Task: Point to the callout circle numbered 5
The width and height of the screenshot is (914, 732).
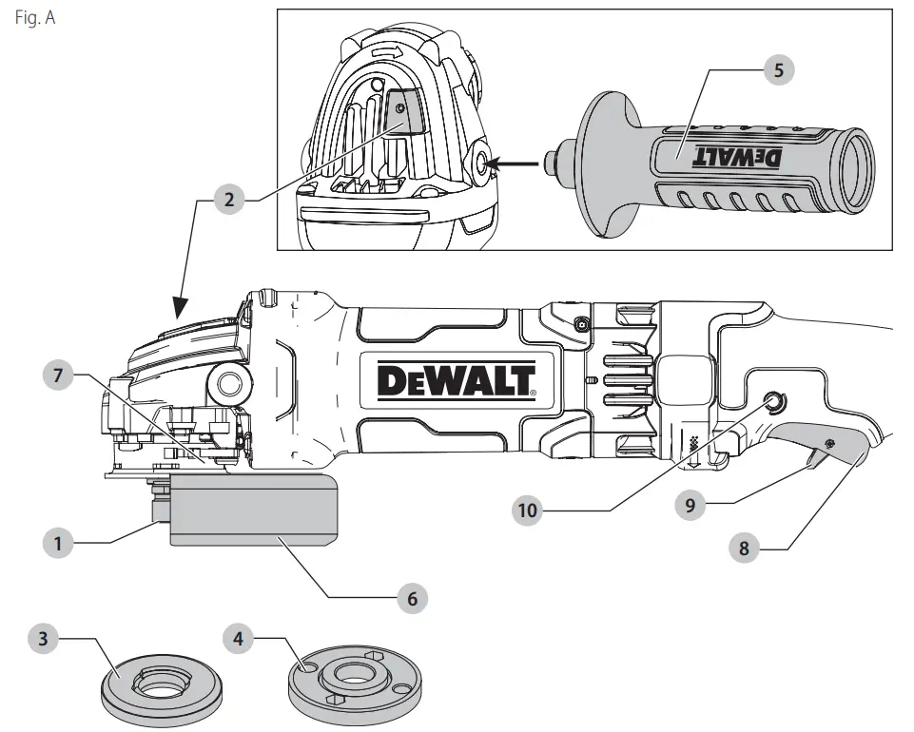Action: coord(778,69)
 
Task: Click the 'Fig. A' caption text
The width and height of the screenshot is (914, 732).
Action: coord(34,19)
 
